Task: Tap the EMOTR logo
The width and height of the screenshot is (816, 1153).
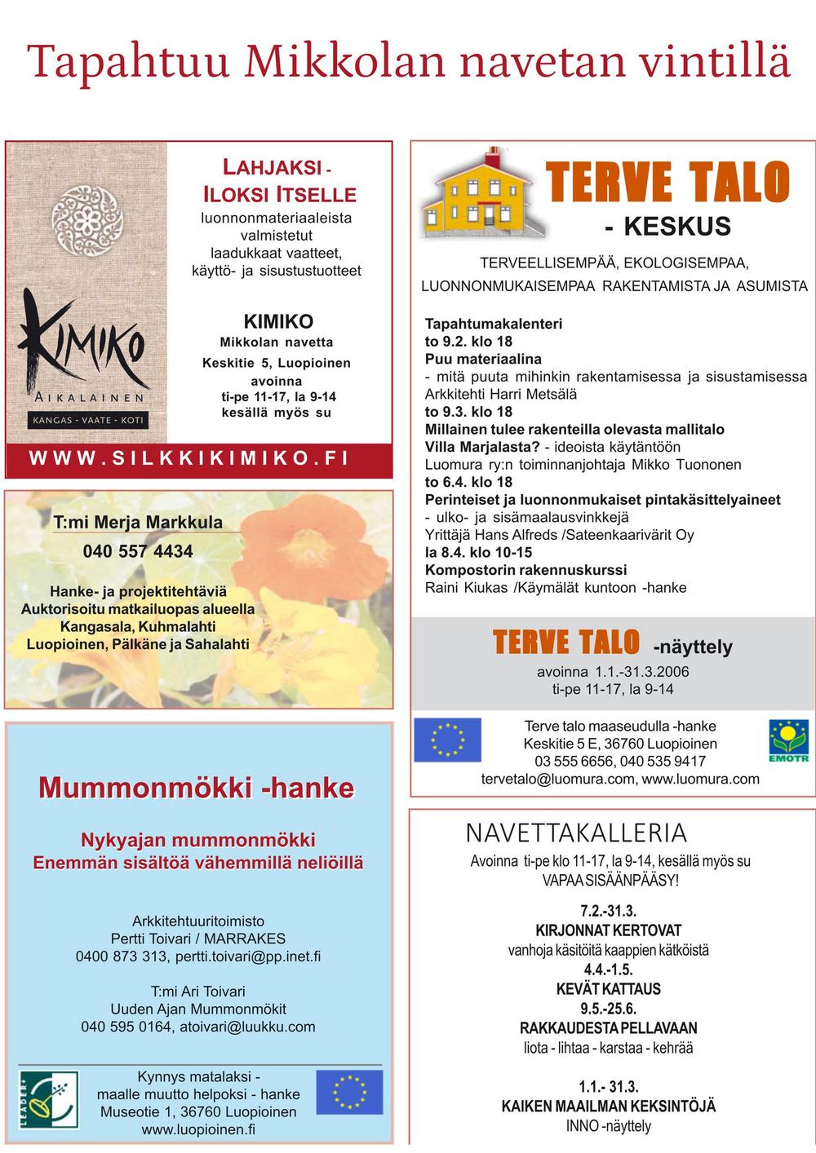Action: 788,740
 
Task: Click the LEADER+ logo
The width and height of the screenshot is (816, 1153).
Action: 48,1100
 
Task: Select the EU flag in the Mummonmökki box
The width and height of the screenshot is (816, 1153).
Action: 349,1092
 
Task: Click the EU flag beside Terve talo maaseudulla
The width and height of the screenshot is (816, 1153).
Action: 447,740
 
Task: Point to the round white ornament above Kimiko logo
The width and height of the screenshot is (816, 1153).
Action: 86,219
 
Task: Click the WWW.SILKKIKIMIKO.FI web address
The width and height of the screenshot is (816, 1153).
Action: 189,458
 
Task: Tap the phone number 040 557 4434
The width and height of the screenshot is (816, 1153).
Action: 138,551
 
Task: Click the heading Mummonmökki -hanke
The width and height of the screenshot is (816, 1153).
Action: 197,788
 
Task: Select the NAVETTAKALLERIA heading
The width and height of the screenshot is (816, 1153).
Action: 576,833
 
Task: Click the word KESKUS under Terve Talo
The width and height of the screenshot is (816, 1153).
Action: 676,227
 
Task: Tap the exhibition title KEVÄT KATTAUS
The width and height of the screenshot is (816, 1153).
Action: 608,989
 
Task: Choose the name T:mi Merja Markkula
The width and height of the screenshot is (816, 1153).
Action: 138,523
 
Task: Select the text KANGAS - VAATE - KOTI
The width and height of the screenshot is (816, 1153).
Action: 88,421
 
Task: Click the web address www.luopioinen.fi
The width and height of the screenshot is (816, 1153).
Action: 198,1129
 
